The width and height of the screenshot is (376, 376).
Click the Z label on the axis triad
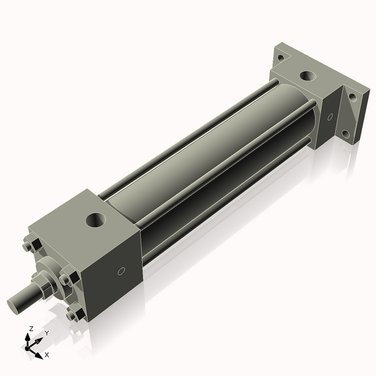(x=31, y=328)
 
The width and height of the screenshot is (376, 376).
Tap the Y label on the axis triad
(x=46, y=333)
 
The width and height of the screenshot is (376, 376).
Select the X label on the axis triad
(x=47, y=355)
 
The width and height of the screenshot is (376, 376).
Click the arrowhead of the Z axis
(x=31, y=335)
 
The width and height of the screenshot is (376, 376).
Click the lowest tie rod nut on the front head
(x=76, y=314)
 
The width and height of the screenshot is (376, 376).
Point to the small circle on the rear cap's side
(x=330, y=117)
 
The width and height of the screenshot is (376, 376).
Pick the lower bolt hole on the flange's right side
(x=345, y=133)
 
